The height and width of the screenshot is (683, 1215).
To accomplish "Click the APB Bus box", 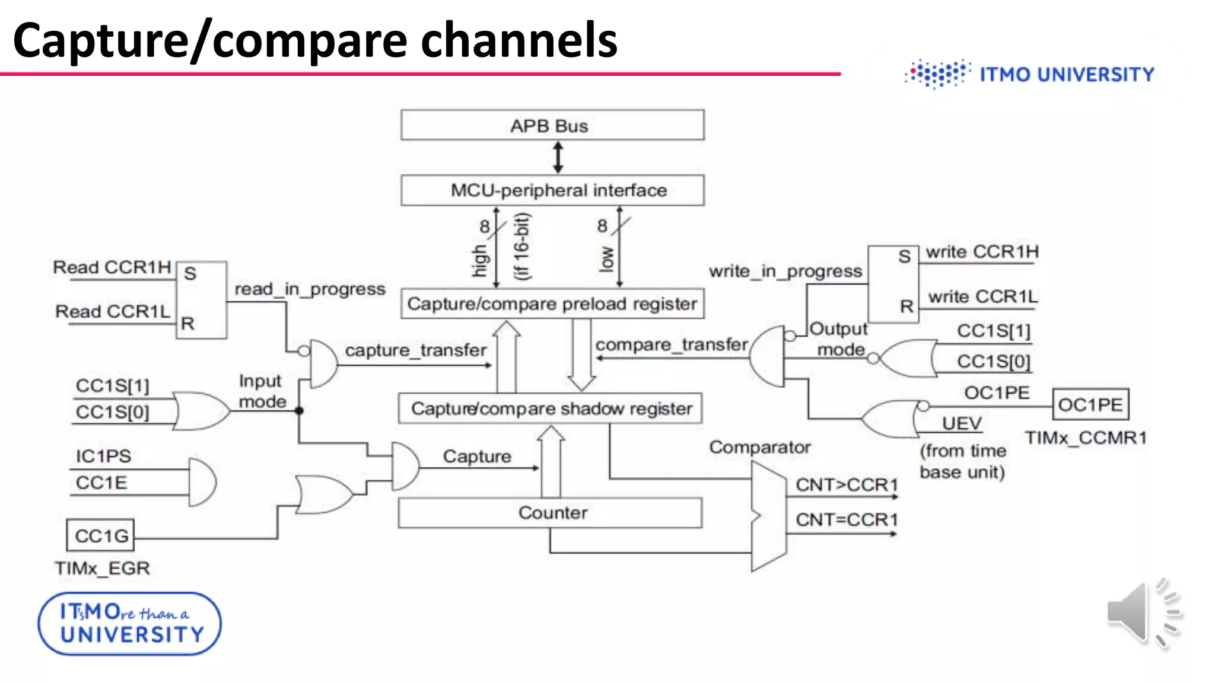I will tap(552, 125).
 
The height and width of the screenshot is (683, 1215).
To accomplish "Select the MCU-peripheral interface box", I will tap(552, 190).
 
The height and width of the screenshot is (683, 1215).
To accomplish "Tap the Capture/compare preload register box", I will tap(552, 304).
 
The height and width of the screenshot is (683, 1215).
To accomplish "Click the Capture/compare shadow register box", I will tap(551, 408).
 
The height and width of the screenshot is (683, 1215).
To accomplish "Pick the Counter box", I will tap(551, 513).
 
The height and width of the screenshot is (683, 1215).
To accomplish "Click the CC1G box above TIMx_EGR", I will tap(101, 535).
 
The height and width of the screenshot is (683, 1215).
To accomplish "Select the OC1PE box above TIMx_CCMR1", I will tap(1090, 405).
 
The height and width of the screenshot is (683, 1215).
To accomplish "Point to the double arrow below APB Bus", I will tap(558, 157).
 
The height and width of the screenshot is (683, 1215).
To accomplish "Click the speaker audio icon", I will tap(1142, 614).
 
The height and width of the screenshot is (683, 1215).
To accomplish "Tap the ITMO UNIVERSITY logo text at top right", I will tap(1067, 75).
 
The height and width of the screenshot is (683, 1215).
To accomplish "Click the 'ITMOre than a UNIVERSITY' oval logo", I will tap(130, 624).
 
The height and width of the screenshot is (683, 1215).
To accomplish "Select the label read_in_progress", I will tap(310, 289).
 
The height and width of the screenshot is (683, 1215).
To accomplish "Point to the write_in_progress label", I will tap(785, 271).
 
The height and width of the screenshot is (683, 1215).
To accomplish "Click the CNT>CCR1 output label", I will tap(847, 484).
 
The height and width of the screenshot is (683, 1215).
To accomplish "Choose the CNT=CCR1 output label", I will tap(847, 519).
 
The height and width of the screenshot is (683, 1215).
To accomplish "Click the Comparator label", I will tap(759, 447).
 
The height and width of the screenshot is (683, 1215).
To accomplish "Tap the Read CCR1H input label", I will tap(112, 267).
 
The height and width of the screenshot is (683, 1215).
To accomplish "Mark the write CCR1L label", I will tap(982, 296).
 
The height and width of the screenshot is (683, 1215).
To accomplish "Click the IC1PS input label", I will tap(103, 456).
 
